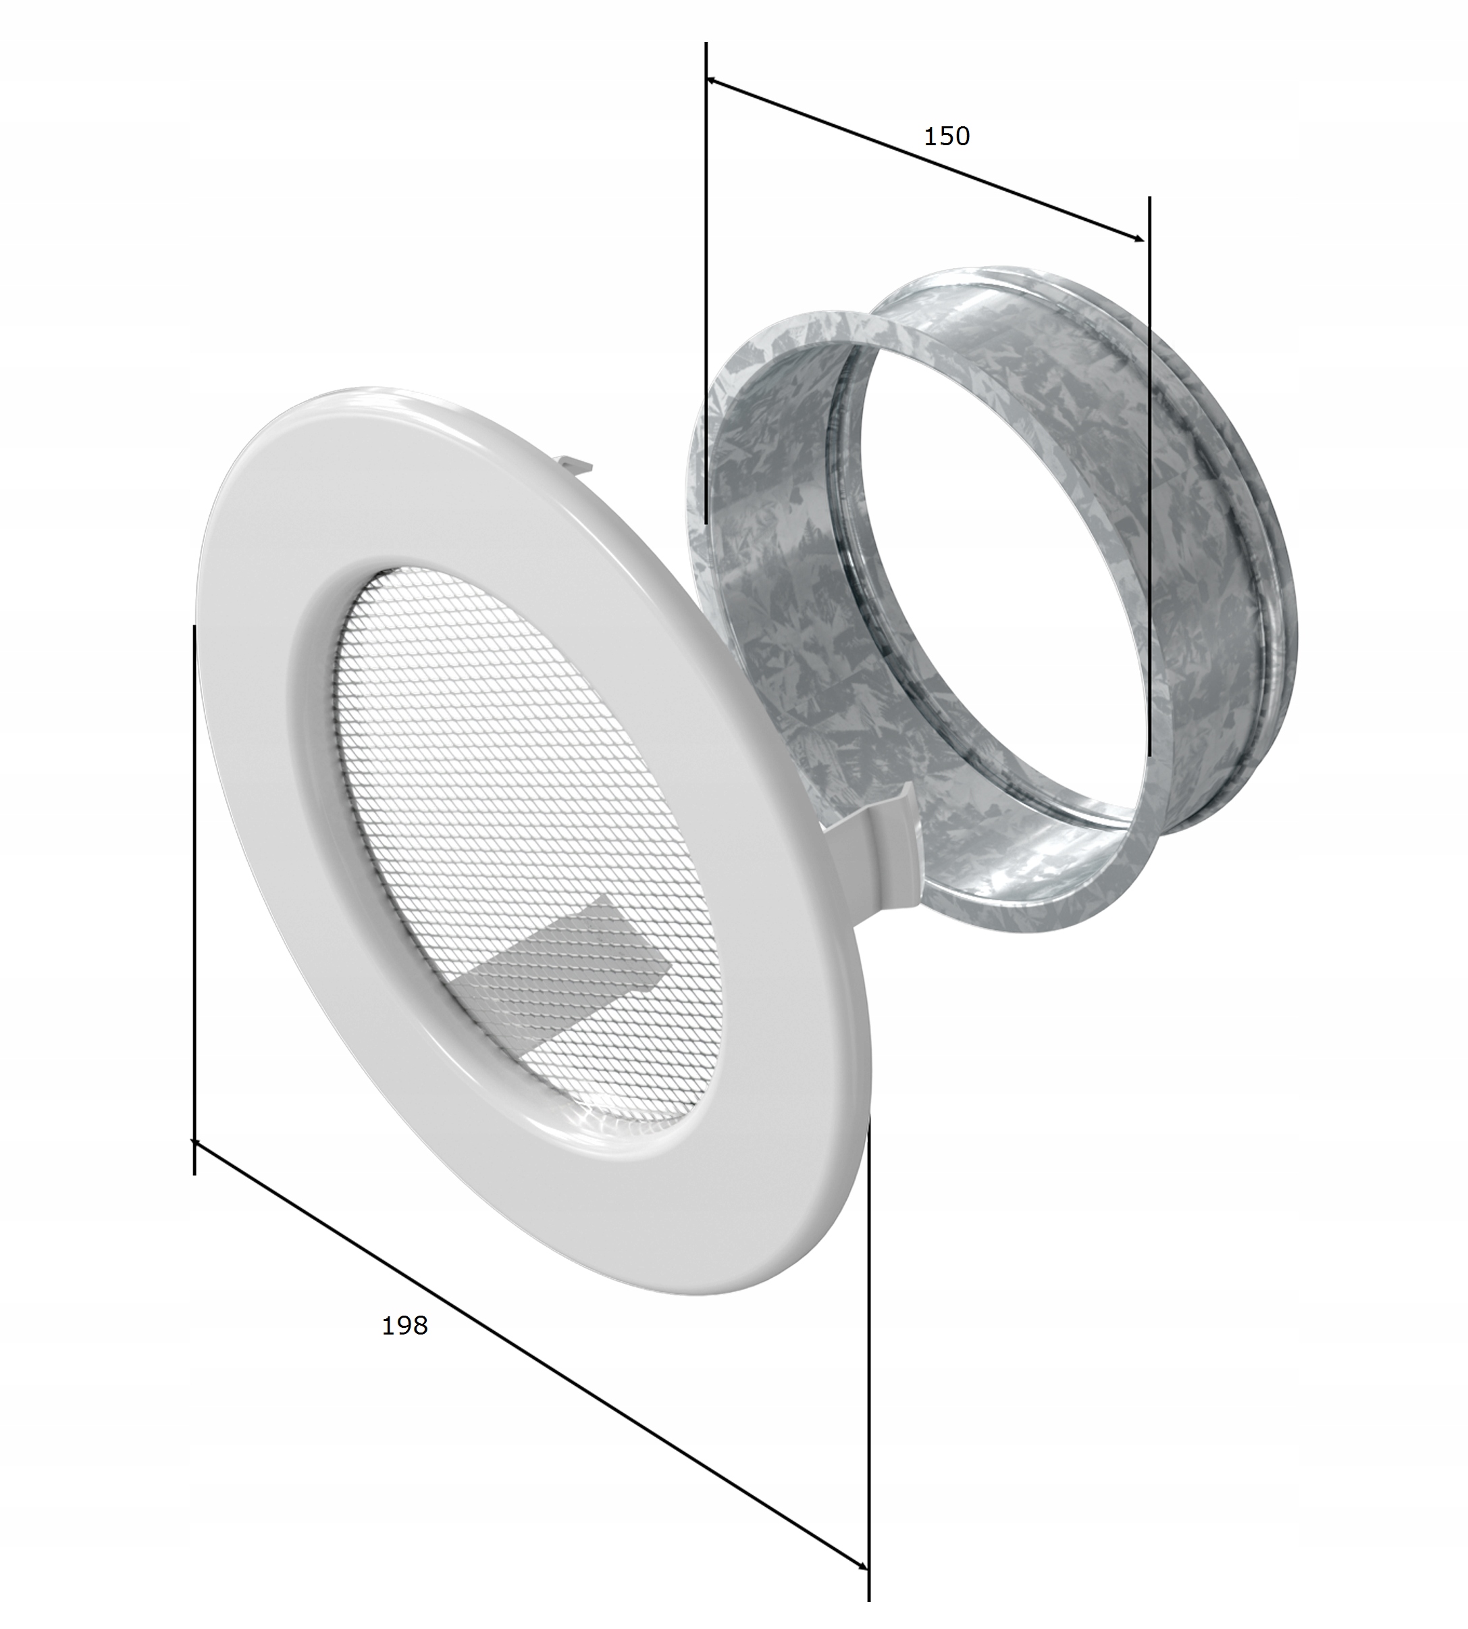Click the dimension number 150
946,136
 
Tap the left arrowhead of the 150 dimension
712,80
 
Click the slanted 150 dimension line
925,159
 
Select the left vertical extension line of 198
194,899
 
